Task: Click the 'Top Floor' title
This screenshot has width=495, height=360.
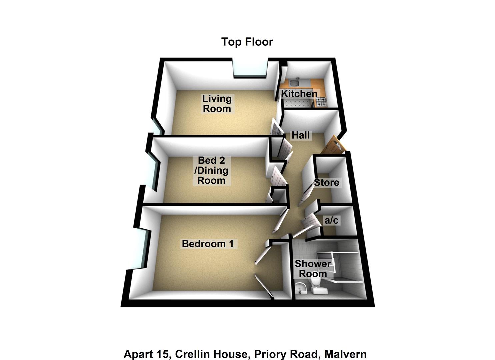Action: (x=247, y=42)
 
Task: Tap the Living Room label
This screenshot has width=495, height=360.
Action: (x=217, y=103)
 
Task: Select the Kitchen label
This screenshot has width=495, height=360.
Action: (x=299, y=94)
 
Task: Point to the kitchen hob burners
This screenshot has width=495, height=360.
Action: (x=321, y=102)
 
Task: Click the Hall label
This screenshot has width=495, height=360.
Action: (x=301, y=135)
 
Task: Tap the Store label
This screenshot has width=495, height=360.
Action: (x=326, y=182)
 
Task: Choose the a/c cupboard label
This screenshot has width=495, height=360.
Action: (x=331, y=220)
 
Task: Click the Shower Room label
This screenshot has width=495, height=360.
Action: (x=313, y=269)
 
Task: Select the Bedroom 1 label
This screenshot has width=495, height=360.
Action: (x=208, y=244)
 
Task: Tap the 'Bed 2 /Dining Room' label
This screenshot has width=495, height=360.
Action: (x=211, y=170)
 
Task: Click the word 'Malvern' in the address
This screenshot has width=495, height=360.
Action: (x=345, y=354)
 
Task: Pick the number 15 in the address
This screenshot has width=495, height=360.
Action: (x=165, y=354)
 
